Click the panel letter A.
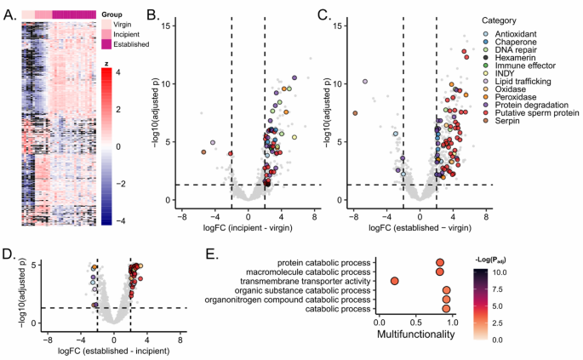pos(9,14)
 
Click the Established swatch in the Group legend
pos(108,43)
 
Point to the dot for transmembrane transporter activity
pos(395,281)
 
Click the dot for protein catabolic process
pos(440,263)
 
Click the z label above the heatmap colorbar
pos(106,63)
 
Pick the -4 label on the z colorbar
pos(121,220)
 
